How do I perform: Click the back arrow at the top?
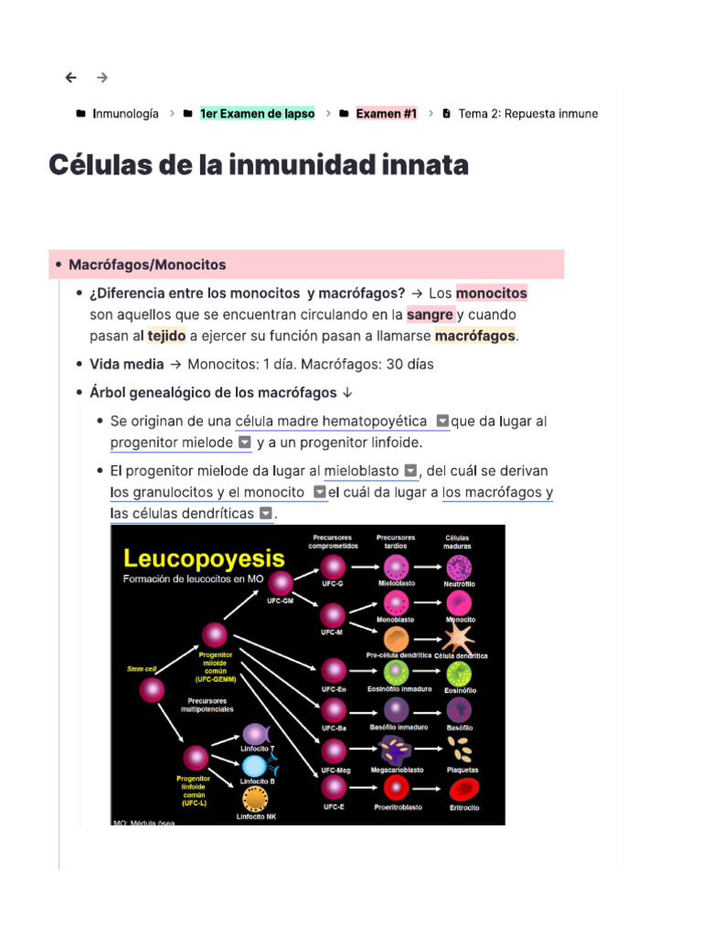(71, 78)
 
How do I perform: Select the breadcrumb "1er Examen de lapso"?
(257, 113)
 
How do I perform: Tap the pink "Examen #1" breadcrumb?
(386, 113)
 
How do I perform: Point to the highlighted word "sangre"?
(430, 314)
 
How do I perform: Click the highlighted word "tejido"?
(166, 335)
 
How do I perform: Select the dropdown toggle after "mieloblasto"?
(410, 471)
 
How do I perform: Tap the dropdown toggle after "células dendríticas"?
(265, 514)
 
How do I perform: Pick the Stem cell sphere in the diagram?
(152, 690)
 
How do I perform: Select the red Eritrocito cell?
(463, 790)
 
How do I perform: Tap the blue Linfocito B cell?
(255, 765)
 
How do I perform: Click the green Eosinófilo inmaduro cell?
(397, 674)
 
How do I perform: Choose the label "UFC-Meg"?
(335, 771)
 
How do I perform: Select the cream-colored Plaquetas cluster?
(463, 750)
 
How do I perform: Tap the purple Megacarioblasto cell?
(397, 750)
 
